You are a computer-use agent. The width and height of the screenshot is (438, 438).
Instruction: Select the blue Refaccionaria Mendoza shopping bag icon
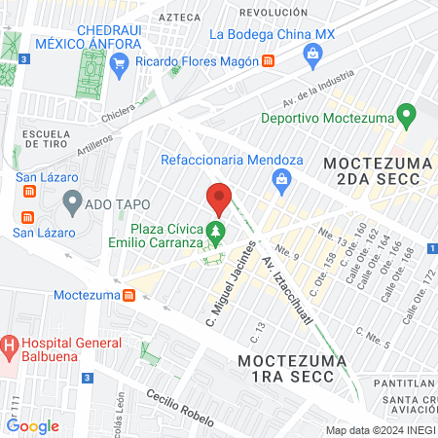[x=281, y=177]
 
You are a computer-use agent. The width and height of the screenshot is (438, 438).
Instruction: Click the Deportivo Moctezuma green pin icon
[x=408, y=117]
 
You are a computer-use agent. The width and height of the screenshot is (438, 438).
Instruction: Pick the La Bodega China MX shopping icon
[x=311, y=54]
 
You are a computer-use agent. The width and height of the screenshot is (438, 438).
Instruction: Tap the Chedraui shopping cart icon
[x=120, y=65]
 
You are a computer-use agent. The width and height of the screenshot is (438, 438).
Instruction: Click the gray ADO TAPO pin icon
[x=71, y=201]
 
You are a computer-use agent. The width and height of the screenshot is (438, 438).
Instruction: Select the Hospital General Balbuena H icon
[x=10, y=344]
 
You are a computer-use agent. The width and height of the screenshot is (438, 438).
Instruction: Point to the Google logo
[x=33, y=425]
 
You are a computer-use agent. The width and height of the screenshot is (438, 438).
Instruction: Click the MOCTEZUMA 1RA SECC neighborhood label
[x=297, y=371]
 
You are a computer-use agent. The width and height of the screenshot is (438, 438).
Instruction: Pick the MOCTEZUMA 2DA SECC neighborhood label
[x=373, y=169]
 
